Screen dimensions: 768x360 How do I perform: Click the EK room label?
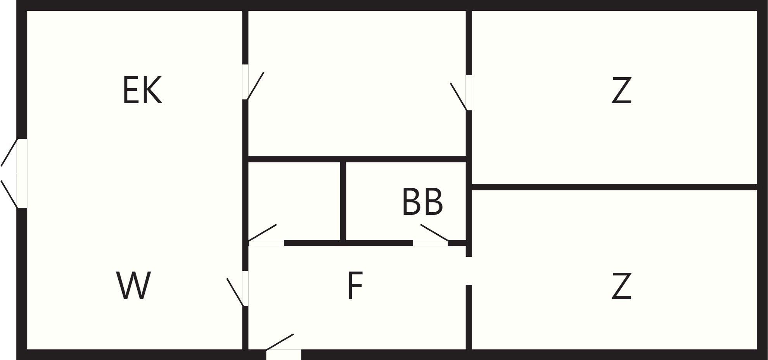click(x=142, y=90)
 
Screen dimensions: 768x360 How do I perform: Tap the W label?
click(x=133, y=286)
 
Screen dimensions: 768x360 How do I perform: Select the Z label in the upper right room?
click(x=621, y=90)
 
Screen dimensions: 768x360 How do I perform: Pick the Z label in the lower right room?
click(x=621, y=286)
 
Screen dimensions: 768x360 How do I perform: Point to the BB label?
click(x=422, y=201)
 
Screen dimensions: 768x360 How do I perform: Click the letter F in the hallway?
click(x=355, y=286)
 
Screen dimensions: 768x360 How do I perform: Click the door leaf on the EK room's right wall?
click(x=255, y=86)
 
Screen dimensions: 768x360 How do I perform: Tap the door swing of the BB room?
click(x=434, y=232)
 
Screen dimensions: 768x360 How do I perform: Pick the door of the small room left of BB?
click(x=263, y=232)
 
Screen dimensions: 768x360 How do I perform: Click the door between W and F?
click(x=235, y=292)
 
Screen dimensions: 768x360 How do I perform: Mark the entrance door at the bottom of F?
click(x=280, y=342)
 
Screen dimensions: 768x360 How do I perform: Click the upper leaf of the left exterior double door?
click(x=9, y=152)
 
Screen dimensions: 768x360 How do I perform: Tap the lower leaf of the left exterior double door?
click(x=9, y=194)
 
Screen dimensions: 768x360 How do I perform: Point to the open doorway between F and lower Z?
click(x=469, y=271)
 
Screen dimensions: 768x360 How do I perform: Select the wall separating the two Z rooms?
click(x=614, y=187)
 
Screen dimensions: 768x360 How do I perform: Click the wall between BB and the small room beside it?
click(x=343, y=201)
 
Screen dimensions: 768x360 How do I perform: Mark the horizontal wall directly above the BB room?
click(x=357, y=159)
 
